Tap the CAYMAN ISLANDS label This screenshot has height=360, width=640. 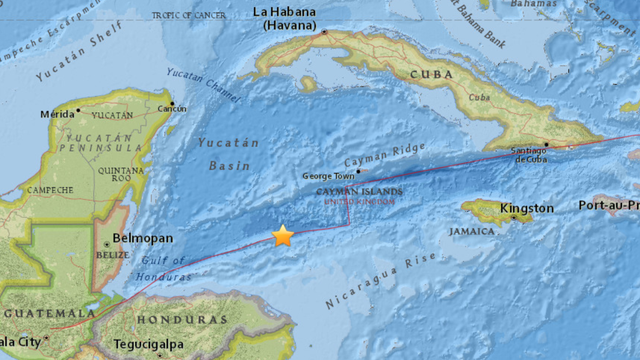359,190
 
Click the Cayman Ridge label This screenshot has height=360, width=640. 377,161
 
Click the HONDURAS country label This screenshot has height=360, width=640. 182,319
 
